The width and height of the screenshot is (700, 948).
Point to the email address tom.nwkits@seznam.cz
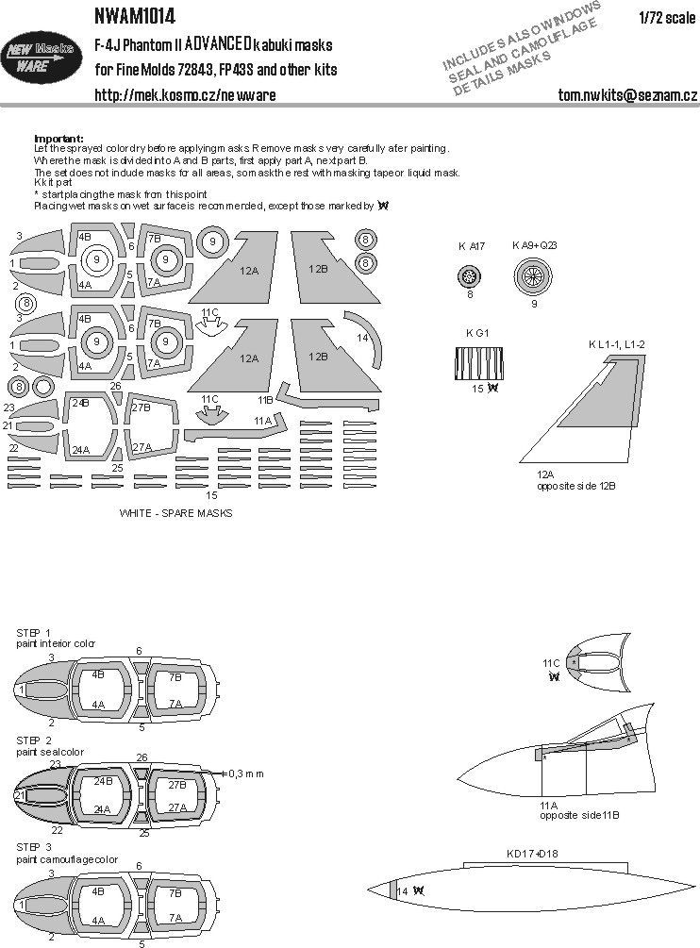627,95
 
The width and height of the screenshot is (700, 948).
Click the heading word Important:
58,138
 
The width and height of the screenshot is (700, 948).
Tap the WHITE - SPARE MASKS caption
175,513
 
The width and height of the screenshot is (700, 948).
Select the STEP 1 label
34,631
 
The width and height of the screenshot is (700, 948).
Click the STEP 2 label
34,742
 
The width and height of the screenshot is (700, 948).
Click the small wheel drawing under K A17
469,275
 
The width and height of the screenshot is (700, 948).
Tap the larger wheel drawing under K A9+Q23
530,276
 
